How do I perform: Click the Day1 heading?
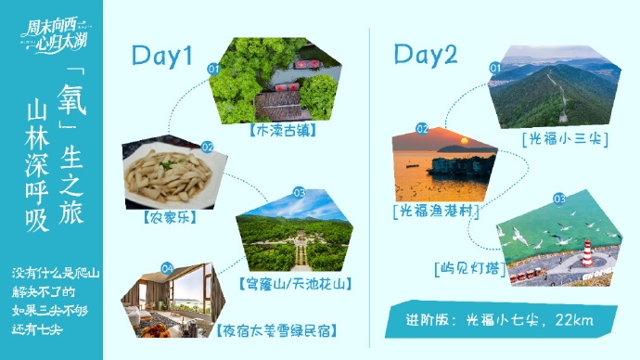[x=161, y=57]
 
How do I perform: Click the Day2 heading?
[x=426, y=55]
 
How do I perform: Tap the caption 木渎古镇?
[x=281, y=131]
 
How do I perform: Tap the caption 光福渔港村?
[x=435, y=212]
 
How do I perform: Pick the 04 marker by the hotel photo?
[x=167, y=268]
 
